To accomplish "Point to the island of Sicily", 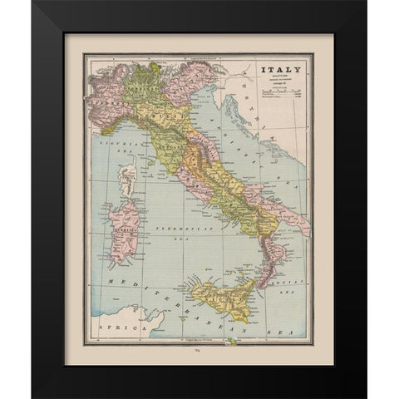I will click(219, 290).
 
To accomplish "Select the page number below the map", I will click(199, 351).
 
